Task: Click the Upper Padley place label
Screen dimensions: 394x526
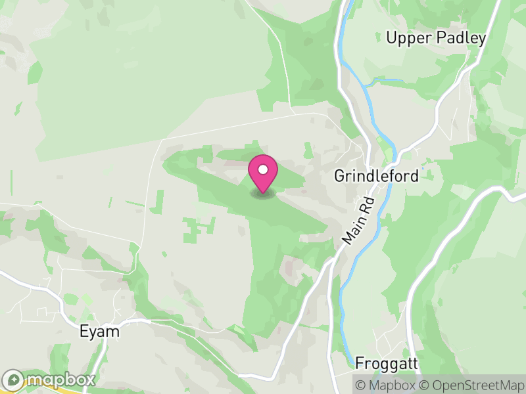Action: pyautogui.click(x=436, y=38)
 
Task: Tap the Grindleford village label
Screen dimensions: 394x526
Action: pyautogui.click(x=376, y=176)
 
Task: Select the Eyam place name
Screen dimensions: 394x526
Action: pyautogui.click(x=100, y=331)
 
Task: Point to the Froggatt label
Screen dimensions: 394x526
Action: pyautogui.click(x=387, y=363)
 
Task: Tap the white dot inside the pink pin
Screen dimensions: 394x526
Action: pyautogui.click(x=263, y=170)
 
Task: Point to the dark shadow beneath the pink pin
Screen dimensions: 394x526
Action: pyautogui.click(x=263, y=194)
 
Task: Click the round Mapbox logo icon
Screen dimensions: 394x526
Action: pyautogui.click(x=14, y=379)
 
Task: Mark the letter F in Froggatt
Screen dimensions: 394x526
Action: pyautogui.click(x=360, y=363)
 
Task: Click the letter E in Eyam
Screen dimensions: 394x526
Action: pyautogui.click(x=84, y=331)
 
